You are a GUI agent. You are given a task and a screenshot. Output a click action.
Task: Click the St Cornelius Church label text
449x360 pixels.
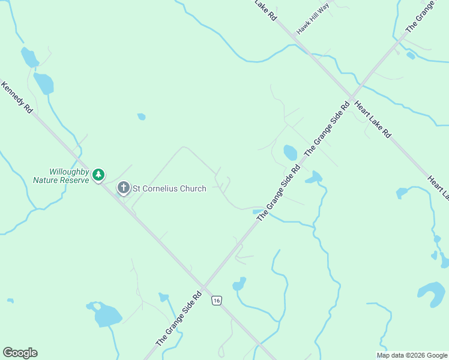click(x=169, y=188)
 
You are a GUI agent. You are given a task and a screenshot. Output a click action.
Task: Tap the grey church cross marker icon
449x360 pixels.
click(x=123, y=188)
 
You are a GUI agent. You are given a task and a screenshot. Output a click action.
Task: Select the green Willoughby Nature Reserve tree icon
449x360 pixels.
click(x=98, y=175)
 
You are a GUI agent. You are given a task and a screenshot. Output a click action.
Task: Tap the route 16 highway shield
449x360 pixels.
click(x=217, y=300)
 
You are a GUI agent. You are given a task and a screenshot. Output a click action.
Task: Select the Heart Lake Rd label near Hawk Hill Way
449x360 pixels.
click(x=372, y=119)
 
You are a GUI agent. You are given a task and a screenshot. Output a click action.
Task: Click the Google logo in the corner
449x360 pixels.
click(x=20, y=353)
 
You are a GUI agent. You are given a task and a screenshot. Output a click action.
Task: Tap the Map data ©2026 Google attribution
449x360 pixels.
click(x=411, y=355)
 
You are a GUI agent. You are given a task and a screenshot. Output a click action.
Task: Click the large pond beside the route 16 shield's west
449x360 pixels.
click(x=107, y=314)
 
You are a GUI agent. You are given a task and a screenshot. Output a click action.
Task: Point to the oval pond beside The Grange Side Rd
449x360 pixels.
click(x=290, y=152)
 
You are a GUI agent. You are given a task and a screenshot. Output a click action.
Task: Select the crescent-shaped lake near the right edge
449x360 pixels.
click(x=431, y=293)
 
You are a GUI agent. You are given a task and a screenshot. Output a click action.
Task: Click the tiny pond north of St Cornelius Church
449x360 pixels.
click(x=142, y=116)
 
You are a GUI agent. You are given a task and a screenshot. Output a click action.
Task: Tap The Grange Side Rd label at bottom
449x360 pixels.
click(x=178, y=319)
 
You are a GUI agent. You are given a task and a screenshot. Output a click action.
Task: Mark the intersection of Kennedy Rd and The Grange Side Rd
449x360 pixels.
click(x=203, y=286)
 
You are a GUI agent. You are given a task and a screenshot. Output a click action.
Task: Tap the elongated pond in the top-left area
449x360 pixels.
click(x=44, y=83)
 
